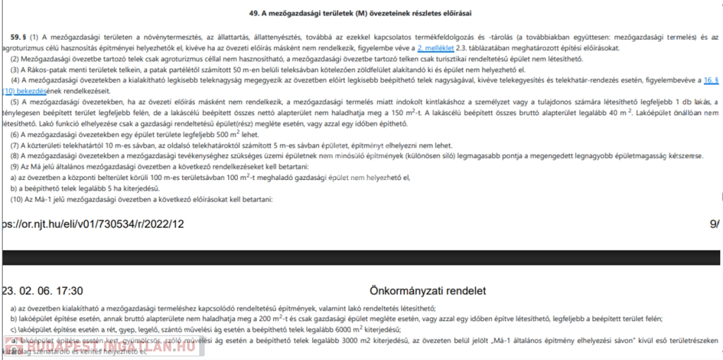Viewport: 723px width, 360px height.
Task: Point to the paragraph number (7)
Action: point(14,145)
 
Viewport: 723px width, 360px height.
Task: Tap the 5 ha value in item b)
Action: point(102,188)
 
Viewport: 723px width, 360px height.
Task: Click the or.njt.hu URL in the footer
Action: point(92,224)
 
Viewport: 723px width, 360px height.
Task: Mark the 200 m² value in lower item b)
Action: point(265,318)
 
